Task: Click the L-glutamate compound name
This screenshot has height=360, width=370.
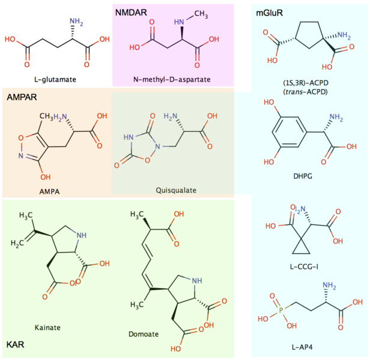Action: [x=56, y=79]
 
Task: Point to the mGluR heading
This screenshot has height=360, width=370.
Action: [x=269, y=11]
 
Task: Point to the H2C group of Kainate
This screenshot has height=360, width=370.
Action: [x=18, y=242]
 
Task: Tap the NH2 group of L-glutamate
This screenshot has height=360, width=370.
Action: [x=76, y=22]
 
